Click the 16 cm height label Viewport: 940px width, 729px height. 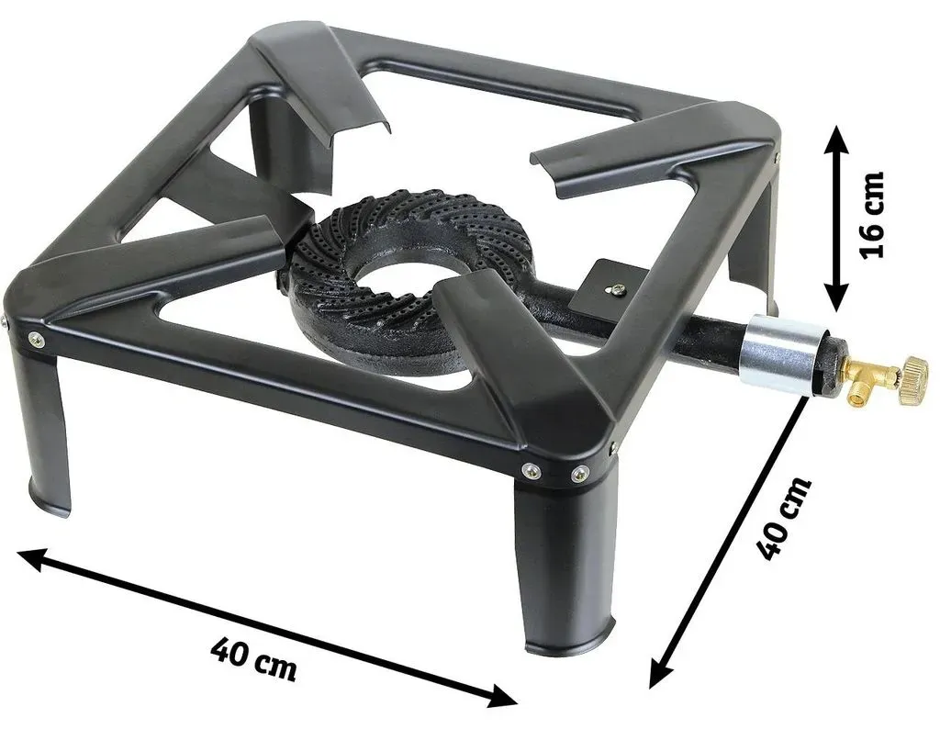872,215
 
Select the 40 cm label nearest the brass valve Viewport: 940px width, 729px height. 784,517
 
